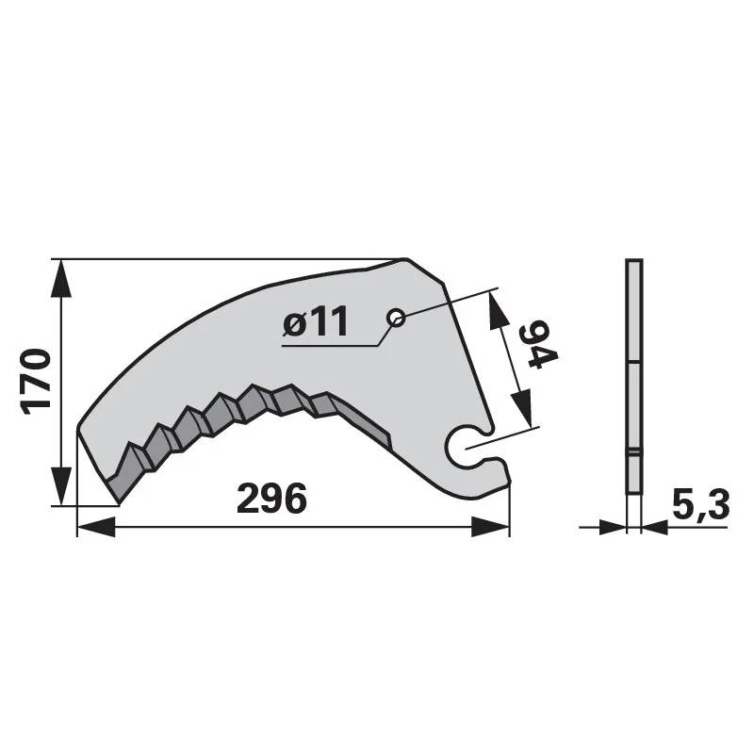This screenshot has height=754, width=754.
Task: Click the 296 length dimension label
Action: tap(271, 499)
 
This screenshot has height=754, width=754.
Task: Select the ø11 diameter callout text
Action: tap(316, 321)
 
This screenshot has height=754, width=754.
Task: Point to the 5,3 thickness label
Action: tap(700, 505)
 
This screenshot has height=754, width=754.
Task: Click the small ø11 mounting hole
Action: tap(396, 318)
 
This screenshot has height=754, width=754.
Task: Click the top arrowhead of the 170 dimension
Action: tap(60, 278)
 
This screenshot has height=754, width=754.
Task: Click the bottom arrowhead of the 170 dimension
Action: tap(60, 486)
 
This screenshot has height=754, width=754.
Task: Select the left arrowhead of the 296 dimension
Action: tap(96, 527)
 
